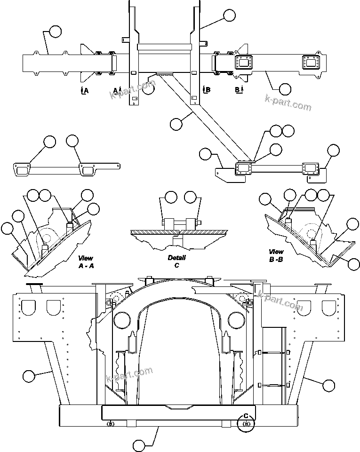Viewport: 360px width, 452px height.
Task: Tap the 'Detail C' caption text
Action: (x=176, y=262)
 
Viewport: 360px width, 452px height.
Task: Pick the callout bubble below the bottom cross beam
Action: (x=139, y=445)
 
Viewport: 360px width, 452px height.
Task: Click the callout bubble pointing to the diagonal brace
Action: (x=176, y=124)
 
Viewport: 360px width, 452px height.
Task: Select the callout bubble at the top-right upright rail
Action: (x=229, y=15)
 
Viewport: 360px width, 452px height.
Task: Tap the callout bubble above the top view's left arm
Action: (x=55, y=32)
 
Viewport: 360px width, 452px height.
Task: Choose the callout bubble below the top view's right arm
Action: (x=285, y=88)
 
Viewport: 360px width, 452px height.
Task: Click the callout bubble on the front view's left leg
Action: (x=29, y=376)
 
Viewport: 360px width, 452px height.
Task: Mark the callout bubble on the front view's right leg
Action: (x=329, y=385)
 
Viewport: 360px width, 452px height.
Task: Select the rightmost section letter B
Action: (x=239, y=89)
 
